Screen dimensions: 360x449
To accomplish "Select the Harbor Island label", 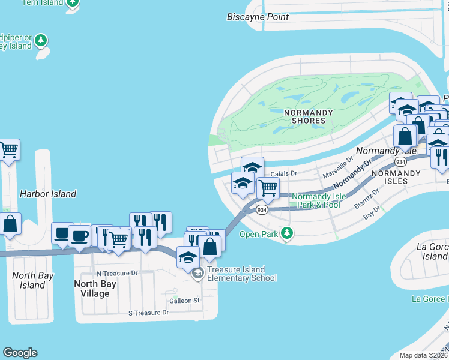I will pos(48,194).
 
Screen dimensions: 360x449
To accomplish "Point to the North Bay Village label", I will pos(91,288).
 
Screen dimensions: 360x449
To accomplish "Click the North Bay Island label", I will pos(33,280).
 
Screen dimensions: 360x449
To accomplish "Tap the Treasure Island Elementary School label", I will pos(242,274).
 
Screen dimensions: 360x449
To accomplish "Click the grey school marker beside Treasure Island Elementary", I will pos(198,274).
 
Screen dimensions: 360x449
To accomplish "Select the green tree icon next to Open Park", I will pos(288,233).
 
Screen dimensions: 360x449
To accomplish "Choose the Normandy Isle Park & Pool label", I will pos(316,200).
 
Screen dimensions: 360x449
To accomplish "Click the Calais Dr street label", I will pos(284,173).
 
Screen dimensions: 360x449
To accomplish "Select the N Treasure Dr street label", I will pos(117,273).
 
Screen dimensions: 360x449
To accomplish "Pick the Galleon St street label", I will pos(185,300).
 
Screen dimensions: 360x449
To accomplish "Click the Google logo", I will pos(20,353).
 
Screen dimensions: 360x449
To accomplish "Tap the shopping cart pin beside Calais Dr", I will pos(268,188).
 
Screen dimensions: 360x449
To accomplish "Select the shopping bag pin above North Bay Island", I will pos(10,224).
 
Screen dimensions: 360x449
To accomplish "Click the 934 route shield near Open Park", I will pos(261,210).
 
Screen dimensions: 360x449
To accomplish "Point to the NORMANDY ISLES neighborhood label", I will pos(396,177).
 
